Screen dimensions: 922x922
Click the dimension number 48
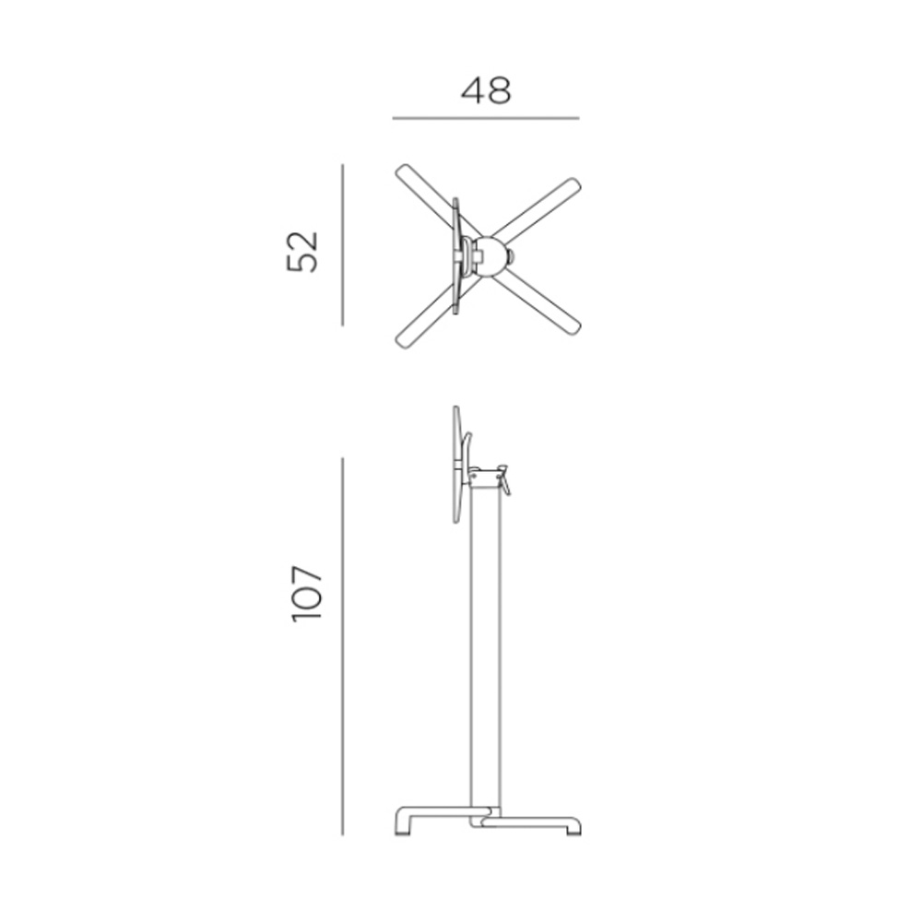[486, 91]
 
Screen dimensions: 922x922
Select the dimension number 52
[302, 252]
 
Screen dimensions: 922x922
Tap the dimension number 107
[307, 593]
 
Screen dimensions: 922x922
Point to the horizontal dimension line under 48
[486, 118]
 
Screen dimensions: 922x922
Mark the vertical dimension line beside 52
[343, 244]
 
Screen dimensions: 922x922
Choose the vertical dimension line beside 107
[343, 646]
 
